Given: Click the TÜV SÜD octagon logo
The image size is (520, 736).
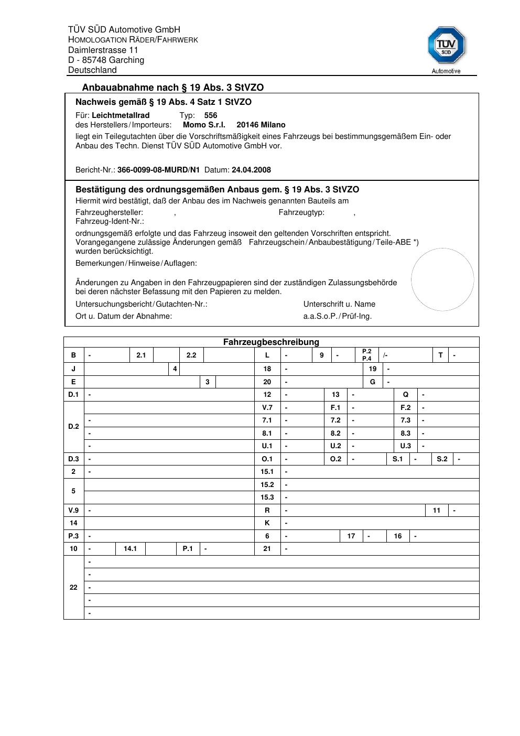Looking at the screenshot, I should pos(446,45).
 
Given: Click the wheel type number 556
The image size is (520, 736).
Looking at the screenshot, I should pos(211,115).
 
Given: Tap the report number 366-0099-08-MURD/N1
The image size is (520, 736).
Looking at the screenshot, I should pos(158,170).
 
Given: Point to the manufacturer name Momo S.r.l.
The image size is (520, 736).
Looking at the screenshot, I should pos(204,125).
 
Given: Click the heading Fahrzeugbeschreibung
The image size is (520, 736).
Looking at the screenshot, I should pos(271,342).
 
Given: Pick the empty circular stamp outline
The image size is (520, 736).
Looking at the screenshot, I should pos(442,279).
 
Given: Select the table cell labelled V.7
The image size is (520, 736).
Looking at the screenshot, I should pos(267,407).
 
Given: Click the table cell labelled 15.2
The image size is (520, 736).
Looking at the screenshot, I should pos(267,484).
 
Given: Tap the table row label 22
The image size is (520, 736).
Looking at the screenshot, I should pos(73,587).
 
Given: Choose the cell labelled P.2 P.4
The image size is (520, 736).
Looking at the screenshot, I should pos(366,355).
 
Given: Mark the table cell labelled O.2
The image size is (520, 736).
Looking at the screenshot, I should pos(335,459).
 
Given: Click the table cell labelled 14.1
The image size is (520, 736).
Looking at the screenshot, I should pos(130,549).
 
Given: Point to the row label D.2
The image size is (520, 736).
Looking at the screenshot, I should pos(73,426).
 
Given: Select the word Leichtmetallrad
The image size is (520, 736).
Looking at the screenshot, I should pos(121,115).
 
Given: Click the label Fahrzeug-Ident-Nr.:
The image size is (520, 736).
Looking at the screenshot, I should pos(110,221).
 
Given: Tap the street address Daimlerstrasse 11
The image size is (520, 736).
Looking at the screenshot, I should pos(103,50).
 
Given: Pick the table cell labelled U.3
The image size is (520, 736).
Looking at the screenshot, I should pos(406,446).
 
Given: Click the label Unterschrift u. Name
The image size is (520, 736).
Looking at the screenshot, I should pos(339,304).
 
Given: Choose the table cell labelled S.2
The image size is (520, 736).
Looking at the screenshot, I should pos(442,459).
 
